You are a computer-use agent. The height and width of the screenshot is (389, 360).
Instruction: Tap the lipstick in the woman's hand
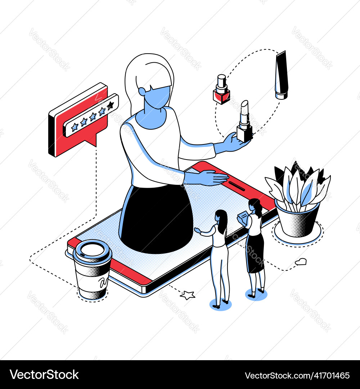[x=244, y=122]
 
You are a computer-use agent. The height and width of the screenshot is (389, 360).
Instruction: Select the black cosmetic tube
[x=282, y=75]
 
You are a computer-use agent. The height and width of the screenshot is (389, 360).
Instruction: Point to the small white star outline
[x=188, y=295]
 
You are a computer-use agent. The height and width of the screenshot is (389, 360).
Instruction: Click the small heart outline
[x=301, y=261]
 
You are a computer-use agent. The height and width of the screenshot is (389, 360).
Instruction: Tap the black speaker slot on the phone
[x=237, y=186]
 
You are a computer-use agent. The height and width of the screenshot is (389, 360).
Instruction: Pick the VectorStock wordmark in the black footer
[x=44, y=375]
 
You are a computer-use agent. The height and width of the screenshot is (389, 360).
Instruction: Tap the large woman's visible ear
[x=142, y=92]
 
